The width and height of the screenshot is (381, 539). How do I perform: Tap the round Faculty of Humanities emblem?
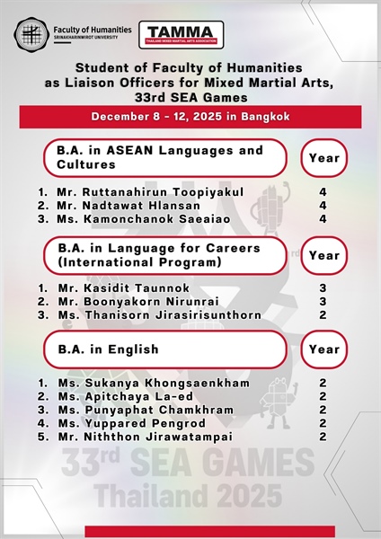(x=31, y=34)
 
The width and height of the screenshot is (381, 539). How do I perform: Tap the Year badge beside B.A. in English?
(x=323, y=349)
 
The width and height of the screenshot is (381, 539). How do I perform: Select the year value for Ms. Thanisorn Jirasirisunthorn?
(x=322, y=315)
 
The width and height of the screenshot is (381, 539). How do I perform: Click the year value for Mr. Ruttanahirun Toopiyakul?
(x=322, y=192)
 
